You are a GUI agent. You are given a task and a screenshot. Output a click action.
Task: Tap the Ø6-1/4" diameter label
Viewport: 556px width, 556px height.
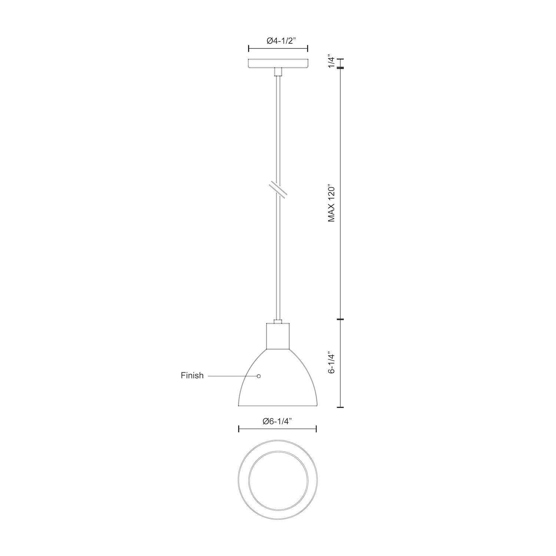point(277,421)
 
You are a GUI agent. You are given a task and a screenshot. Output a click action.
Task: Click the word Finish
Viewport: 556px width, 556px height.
point(192,375)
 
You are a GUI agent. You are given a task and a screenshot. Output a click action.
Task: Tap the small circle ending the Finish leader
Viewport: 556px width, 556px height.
point(259,376)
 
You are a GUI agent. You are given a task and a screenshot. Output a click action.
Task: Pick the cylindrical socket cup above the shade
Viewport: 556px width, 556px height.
point(278,336)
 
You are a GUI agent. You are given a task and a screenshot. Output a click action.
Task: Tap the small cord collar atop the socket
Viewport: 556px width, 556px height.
point(278,321)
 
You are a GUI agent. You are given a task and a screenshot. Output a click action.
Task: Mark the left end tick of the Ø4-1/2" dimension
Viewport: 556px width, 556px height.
point(248,48)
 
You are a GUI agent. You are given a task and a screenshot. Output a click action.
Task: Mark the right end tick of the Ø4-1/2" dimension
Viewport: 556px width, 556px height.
point(308,48)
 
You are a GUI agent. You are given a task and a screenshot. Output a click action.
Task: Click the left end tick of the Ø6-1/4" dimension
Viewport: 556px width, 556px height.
point(239,429)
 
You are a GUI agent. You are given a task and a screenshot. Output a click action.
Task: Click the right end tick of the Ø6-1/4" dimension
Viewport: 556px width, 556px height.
point(316,429)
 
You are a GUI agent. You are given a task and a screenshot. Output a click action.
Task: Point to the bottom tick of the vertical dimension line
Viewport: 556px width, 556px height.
point(341,407)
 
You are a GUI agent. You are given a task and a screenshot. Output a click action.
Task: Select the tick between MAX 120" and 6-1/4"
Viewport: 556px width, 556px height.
point(341,319)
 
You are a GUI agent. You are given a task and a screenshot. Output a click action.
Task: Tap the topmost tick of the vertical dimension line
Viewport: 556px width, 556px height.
point(341,59)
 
